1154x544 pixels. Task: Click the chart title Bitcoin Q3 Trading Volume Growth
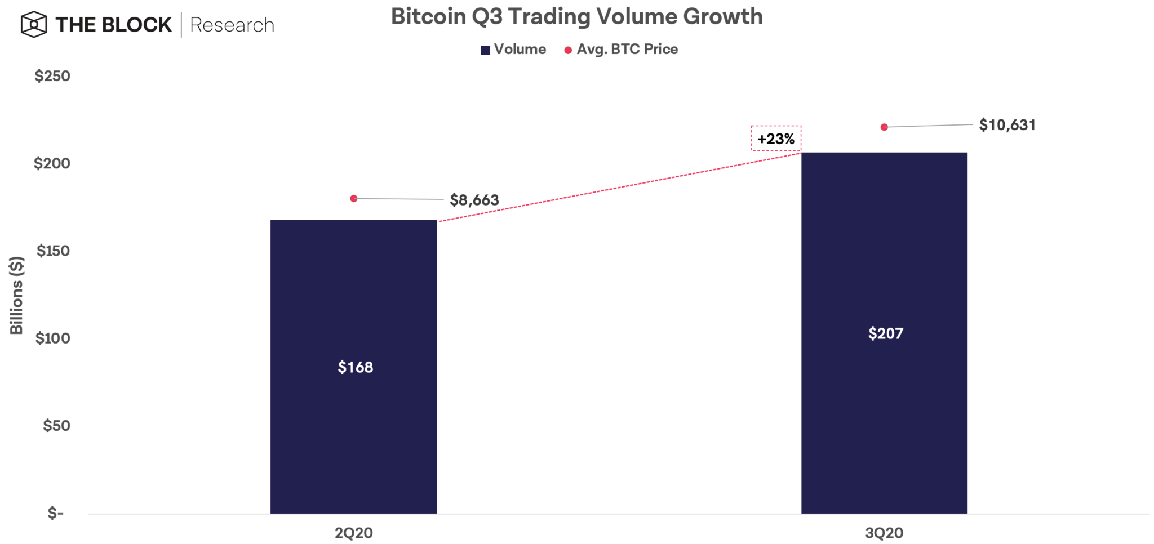(x=576, y=17)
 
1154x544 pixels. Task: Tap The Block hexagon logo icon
(x=34, y=25)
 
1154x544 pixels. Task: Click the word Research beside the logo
(x=232, y=25)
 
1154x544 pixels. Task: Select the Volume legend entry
(x=513, y=50)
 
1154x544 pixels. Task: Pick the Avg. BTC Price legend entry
(x=621, y=50)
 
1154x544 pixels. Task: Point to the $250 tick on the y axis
(x=52, y=76)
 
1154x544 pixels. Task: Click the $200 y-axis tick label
(x=52, y=163)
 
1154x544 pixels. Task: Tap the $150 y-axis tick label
(x=54, y=251)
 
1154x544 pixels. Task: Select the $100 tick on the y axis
(x=53, y=338)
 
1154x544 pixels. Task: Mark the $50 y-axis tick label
(x=56, y=425)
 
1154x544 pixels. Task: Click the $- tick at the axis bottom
(x=56, y=513)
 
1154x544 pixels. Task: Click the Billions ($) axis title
(x=16, y=295)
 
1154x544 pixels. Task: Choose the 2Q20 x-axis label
(x=354, y=533)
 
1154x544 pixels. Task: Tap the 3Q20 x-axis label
(x=884, y=533)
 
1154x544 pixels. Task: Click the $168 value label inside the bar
(x=355, y=367)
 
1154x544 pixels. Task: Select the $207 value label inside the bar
(x=885, y=333)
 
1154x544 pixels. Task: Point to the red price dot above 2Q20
(x=354, y=198)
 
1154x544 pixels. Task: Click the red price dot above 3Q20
(x=884, y=127)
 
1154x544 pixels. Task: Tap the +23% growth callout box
(x=776, y=139)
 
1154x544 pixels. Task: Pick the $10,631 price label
(x=1007, y=125)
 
